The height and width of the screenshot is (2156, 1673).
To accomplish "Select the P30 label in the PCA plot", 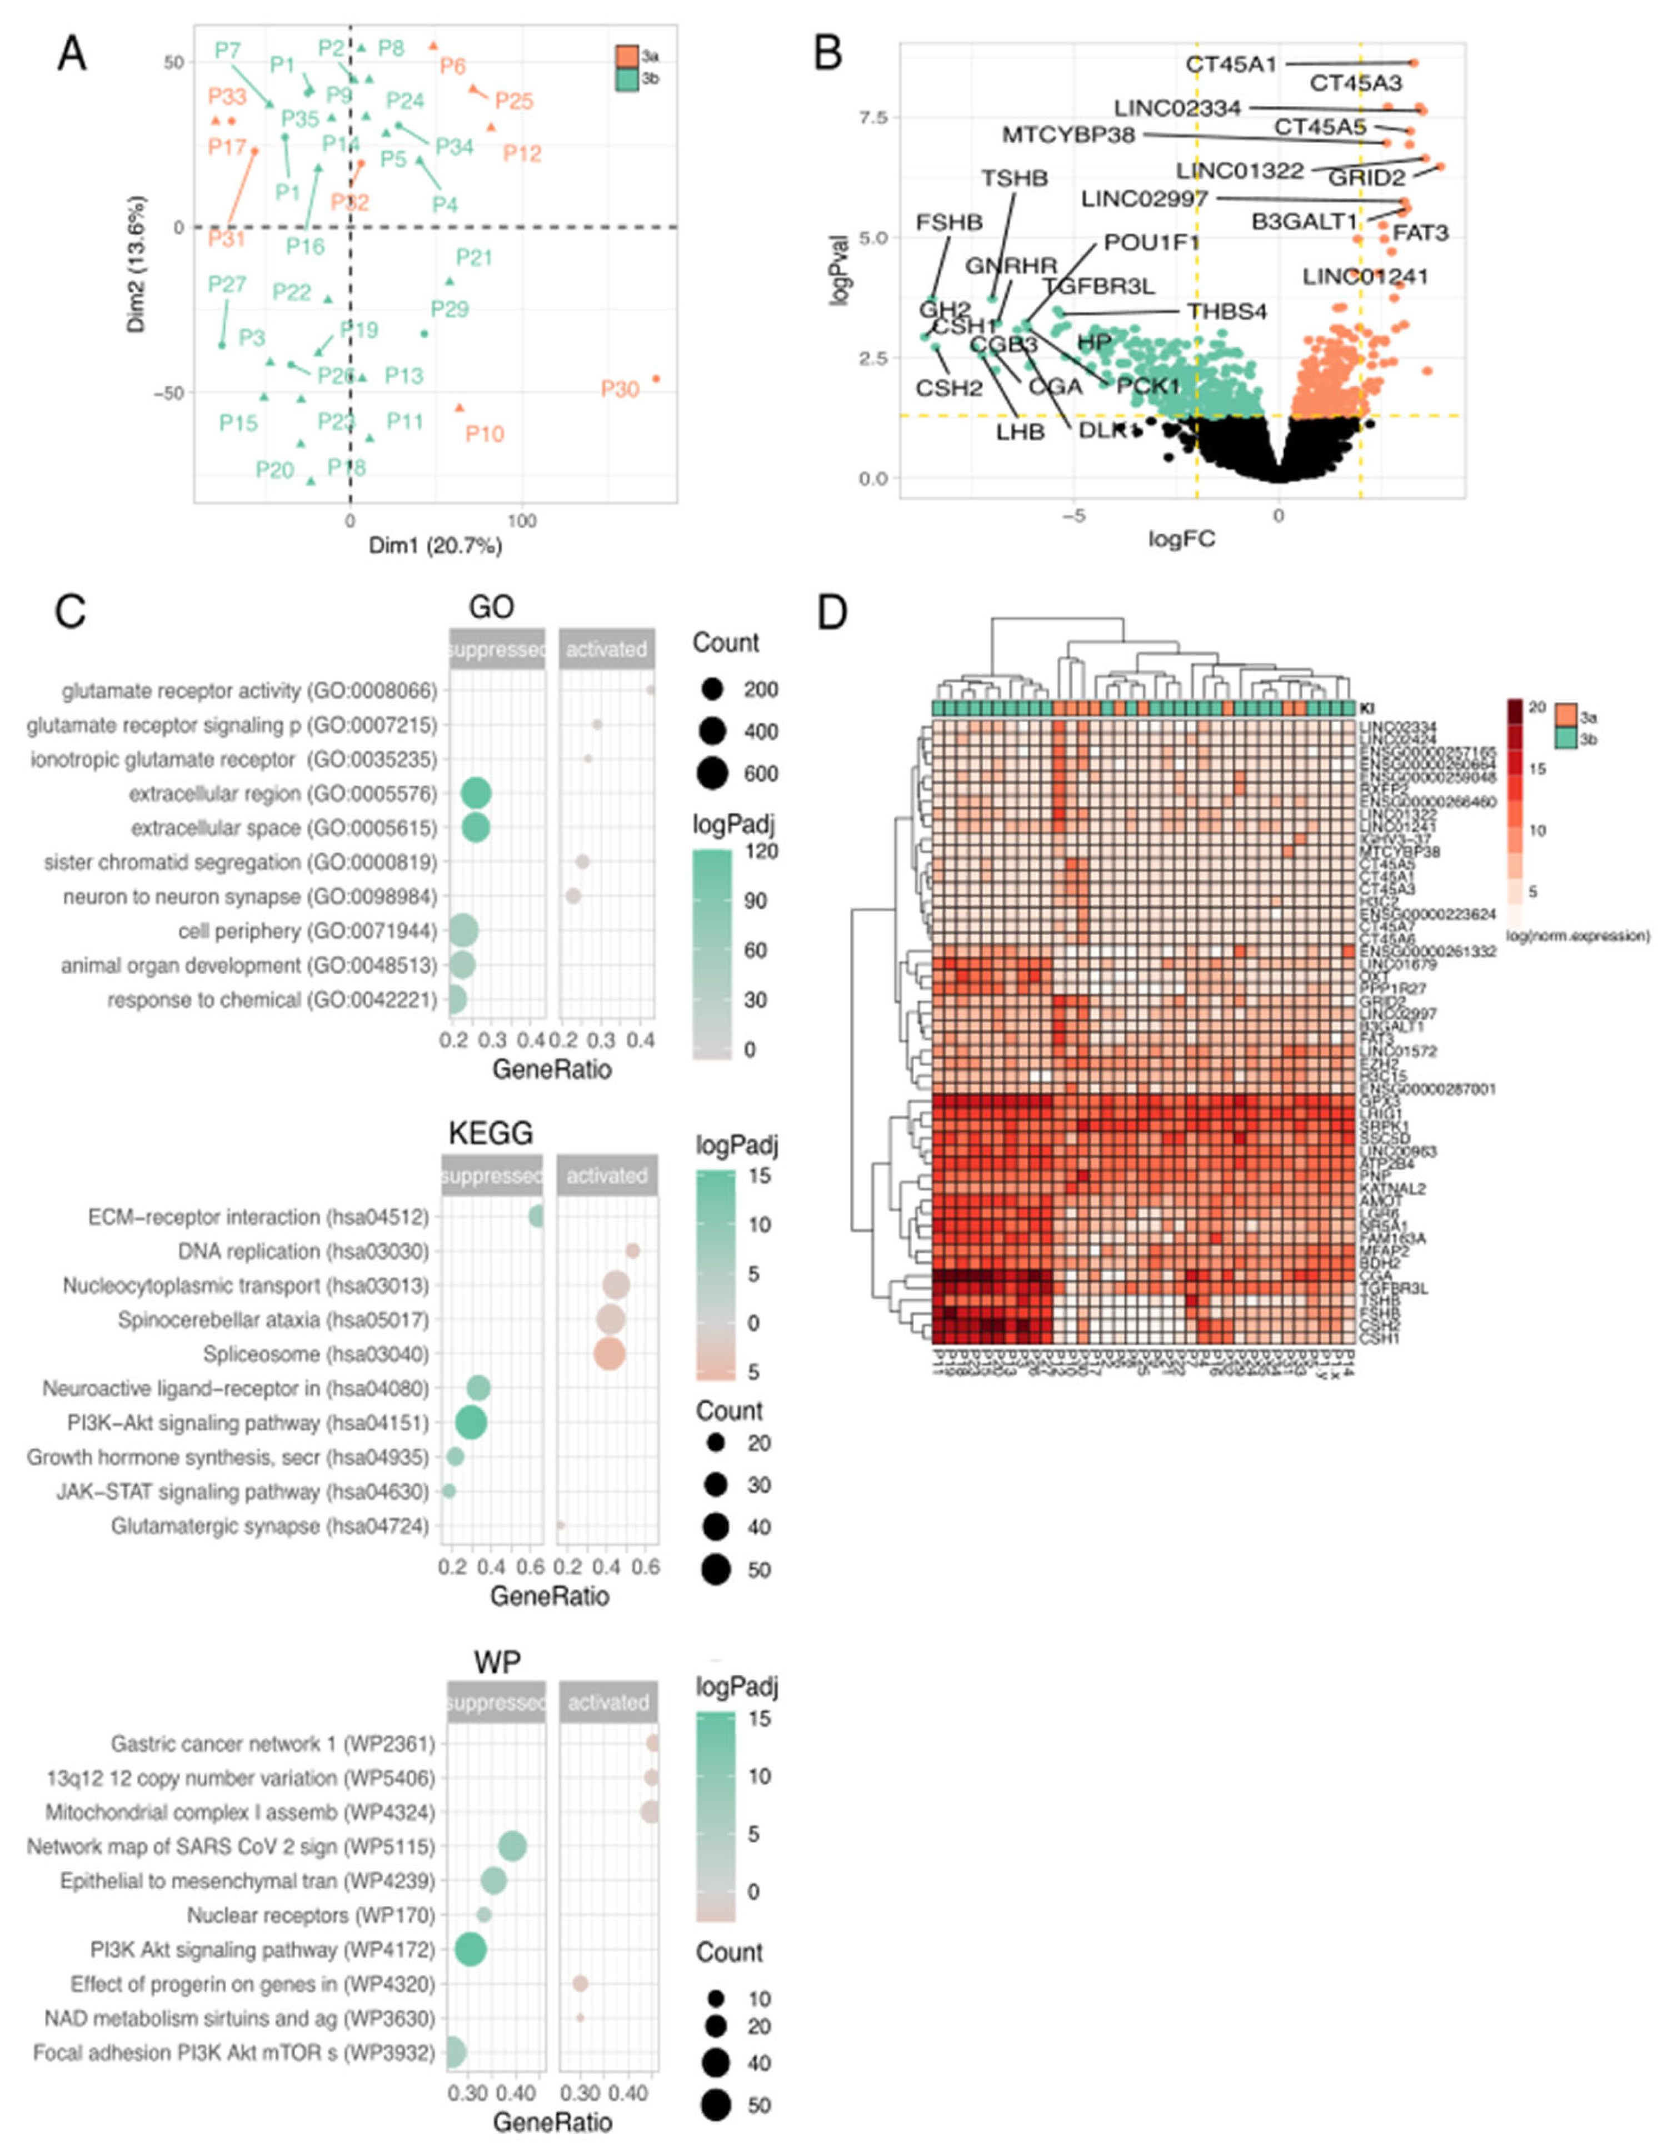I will coord(620,390).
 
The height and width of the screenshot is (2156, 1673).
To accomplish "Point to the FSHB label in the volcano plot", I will coord(948,222).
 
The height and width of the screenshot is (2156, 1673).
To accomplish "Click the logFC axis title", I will coord(1181,538).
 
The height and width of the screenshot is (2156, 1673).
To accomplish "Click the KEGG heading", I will coord(491,1132).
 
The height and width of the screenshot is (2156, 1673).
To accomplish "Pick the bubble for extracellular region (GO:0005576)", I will coord(476,794).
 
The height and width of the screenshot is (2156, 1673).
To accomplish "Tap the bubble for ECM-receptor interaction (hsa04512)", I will coord(537,1216).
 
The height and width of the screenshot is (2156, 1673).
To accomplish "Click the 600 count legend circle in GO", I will coord(711,774).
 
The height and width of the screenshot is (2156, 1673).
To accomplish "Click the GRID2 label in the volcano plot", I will coord(1366,178).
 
